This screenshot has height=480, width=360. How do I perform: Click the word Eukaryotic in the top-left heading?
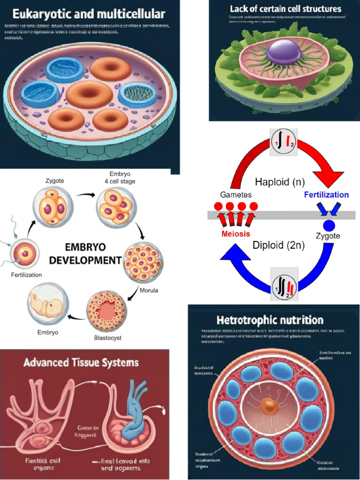(x=37, y=14)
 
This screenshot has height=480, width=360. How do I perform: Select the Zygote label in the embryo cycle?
(x=55, y=180)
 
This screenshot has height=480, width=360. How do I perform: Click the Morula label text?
(x=149, y=290)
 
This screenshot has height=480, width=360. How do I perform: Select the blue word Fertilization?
(x=326, y=195)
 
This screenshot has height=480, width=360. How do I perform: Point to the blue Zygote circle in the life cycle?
(x=329, y=225)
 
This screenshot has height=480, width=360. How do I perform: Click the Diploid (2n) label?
(x=278, y=245)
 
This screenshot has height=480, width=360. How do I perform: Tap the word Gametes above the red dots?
(x=236, y=195)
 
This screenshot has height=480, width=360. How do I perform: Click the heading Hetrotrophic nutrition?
(x=270, y=320)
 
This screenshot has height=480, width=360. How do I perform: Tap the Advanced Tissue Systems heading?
(x=81, y=362)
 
